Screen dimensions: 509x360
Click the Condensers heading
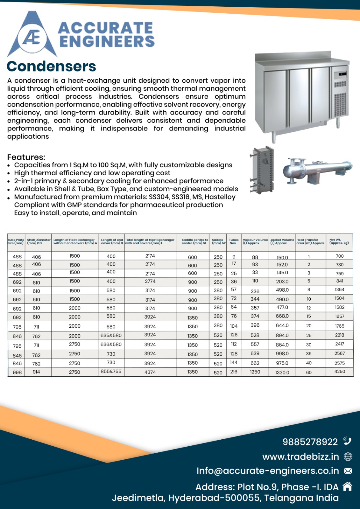[51, 66]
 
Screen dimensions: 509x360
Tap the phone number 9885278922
[310, 442]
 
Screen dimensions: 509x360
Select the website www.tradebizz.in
[300, 457]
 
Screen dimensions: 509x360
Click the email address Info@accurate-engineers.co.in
[268, 471]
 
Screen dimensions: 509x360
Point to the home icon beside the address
[347, 486]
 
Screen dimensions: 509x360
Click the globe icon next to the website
[348, 457]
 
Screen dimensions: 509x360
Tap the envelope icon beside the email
[348, 471]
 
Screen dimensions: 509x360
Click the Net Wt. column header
[339, 241]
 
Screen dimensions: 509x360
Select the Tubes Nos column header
[234, 241]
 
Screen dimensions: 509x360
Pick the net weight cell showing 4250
[340, 371]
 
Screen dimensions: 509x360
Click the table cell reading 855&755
[111, 371]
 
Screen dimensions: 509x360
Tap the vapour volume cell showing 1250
[255, 372]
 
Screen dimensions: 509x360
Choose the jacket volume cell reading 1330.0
[282, 372]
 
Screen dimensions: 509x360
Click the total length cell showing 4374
[150, 372]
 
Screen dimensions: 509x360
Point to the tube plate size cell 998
[17, 372]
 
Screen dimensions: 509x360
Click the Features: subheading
[26, 157]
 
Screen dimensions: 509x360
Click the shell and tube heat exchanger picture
[317, 171]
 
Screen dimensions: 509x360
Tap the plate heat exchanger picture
[262, 170]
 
